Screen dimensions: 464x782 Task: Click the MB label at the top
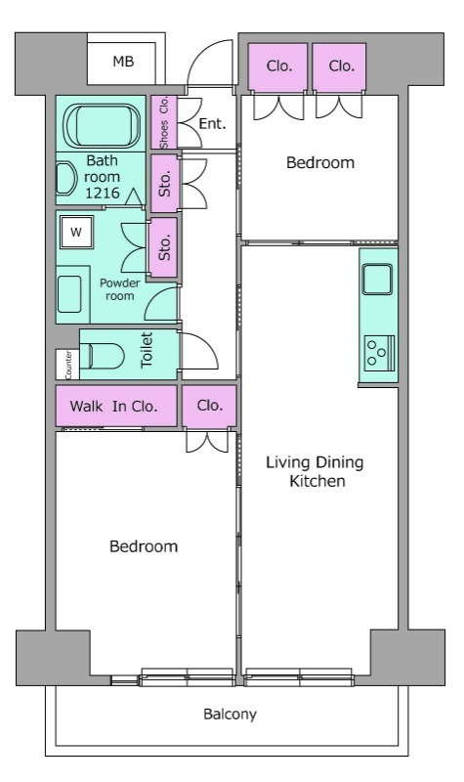coord(123,62)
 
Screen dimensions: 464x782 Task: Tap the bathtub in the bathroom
coord(104,125)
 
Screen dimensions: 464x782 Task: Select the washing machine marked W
coord(76,232)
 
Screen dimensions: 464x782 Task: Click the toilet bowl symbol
coord(102,356)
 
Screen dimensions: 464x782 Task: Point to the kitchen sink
coord(377,280)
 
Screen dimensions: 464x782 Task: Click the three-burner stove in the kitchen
coord(379,353)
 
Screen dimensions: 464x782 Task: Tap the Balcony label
coord(230,715)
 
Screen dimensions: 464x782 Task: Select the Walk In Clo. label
coord(113,406)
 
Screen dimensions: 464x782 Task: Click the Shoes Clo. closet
coord(164,122)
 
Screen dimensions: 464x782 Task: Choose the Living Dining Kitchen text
coord(315,471)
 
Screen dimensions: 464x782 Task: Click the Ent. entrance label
coord(212,123)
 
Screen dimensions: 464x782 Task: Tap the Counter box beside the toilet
coord(67,364)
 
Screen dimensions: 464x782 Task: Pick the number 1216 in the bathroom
coord(103,193)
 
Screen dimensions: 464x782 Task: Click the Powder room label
coord(119,289)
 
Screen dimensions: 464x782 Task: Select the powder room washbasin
coord(69,294)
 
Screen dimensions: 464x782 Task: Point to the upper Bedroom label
coord(320,162)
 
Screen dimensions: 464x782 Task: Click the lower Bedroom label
coord(144,546)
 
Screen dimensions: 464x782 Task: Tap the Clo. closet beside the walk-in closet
coord(209,406)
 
